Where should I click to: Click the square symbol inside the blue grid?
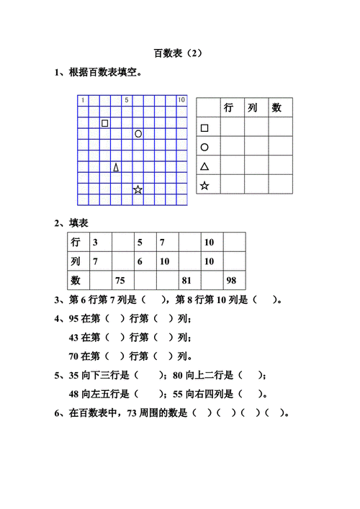(x=105, y=123)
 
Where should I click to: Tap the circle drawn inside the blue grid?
(x=138, y=134)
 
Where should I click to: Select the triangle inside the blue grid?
(x=116, y=168)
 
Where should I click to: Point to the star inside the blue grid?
(x=138, y=190)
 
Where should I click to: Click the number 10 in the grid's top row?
(x=181, y=100)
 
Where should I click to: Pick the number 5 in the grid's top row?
(x=127, y=100)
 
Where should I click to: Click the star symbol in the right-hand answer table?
(x=204, y=186)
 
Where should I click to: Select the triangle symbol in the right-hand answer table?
(x=204, y=166)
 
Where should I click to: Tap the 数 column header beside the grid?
(x=276, y=108)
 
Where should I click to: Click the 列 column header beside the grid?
(x=252, y=108)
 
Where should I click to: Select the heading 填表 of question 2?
(x=78, y=223)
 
